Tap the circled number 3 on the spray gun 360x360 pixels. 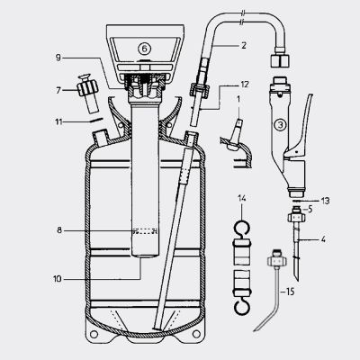[281, 123]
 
